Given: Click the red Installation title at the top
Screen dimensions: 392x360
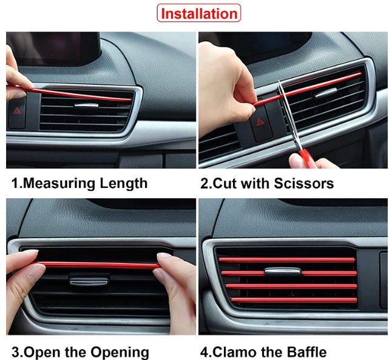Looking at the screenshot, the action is [x=199, y=13].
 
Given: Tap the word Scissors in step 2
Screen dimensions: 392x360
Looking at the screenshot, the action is [x=304, y=184].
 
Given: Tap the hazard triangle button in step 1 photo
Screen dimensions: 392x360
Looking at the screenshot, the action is [x=17, y=110].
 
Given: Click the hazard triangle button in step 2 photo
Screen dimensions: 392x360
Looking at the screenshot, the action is [x=261, y=122].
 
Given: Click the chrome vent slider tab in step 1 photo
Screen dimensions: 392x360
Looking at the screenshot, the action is [x=86, y=105].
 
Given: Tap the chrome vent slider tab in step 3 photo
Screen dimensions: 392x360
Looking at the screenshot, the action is [x=89, y=282].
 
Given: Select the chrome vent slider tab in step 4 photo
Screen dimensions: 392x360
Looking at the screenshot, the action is [x=283, y=271].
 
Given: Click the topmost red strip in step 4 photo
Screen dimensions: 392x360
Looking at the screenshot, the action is [x=287, y=260].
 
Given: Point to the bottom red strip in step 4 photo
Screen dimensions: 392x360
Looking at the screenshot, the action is [x=294, y=300].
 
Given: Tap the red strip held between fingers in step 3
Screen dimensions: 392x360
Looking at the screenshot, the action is [x=98, y=265].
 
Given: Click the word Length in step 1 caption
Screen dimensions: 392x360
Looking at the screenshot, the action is [x=124, y=184].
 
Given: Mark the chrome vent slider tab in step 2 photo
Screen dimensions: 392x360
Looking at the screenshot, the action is [x=326, y=93].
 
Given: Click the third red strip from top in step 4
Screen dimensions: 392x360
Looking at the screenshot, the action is [x=291, y=286].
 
